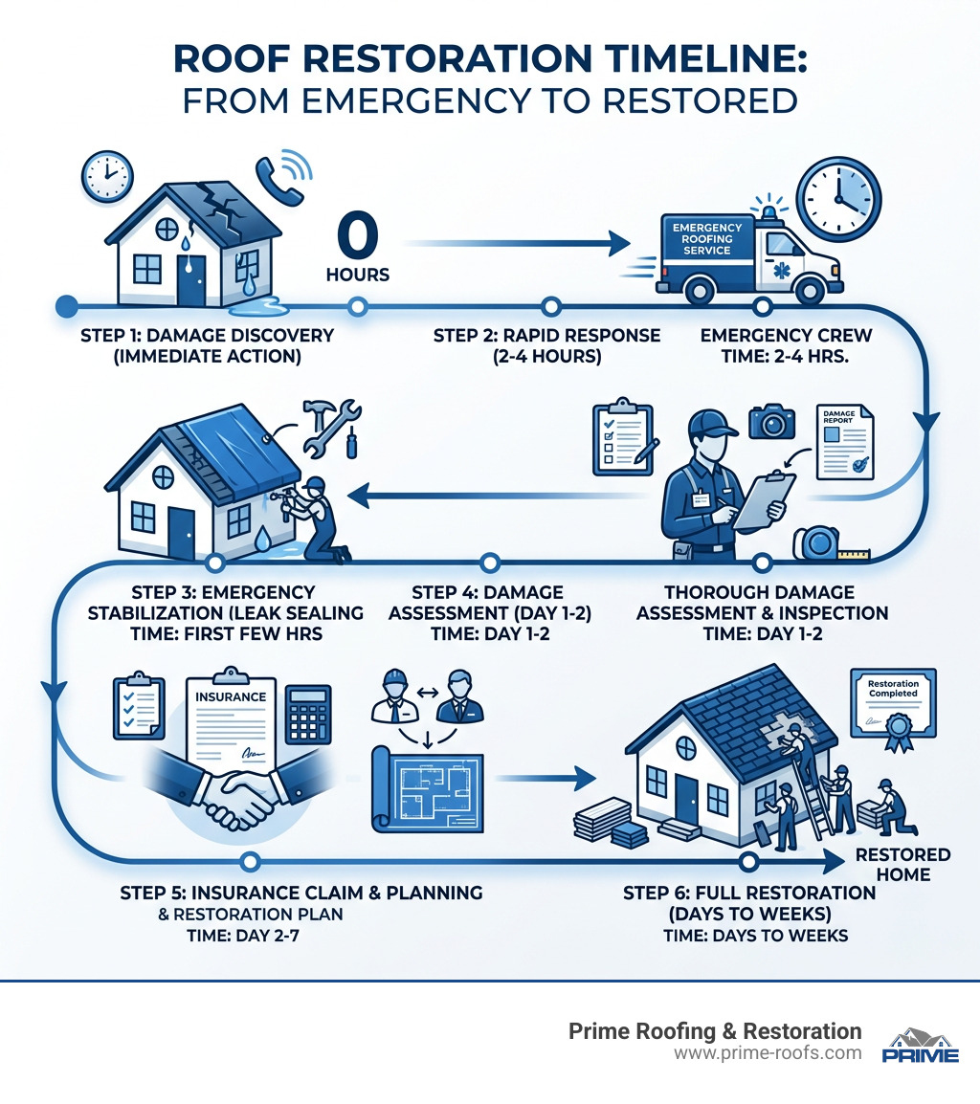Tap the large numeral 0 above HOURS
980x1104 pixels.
357,234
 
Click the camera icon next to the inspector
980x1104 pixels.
772,421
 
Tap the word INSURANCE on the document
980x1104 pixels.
230,696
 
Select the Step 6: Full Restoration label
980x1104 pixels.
749,913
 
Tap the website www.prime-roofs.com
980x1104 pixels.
768,1053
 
